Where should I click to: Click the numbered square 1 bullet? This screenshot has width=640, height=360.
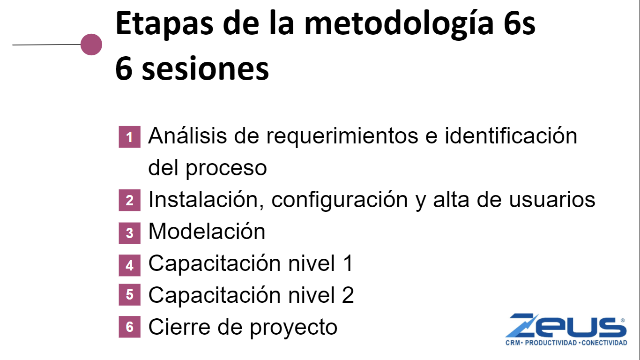(129, 137)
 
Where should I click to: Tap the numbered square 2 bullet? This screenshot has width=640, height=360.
(129, 200)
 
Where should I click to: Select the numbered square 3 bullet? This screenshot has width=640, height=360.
(129, 233)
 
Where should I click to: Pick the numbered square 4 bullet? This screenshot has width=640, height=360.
(129, 265)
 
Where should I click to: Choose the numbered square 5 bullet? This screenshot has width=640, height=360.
(129, 294)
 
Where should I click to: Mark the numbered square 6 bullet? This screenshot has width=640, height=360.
(129, 327)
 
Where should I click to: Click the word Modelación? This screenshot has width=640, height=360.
(207, 231)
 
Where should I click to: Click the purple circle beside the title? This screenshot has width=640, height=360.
(91, 45)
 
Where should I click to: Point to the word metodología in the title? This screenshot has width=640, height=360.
(399, 24)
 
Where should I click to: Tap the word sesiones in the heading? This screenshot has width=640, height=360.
(205, 68)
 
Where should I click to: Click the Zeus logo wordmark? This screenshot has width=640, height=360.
(566, 325)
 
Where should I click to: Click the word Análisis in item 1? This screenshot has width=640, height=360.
(187, 135)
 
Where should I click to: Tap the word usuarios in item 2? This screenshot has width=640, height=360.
(552, 199)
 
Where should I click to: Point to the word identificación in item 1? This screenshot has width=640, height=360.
(511, 135)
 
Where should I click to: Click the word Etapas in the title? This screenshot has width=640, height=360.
(164, 24)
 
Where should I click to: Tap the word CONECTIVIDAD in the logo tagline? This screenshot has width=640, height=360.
(604, 343)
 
